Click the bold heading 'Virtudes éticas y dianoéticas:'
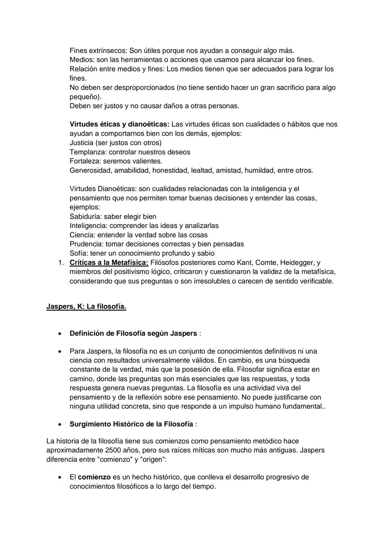pyautogui.click(x=119, y=124)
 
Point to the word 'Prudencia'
pyautogui.click(x=86, y=244)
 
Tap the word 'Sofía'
pyautogui.click(x=78, y=254)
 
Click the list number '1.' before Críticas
pyautogui.click(x=61, y=263)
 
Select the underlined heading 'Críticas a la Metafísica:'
pyautogui.click(x=109, y=263)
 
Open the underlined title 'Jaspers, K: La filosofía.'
pyautogui.click(x=86, y=307)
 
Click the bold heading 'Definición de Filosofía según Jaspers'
pyautogui.click(x=133, y=334)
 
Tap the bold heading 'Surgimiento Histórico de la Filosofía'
pyautogui.click(x=132, y=424)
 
